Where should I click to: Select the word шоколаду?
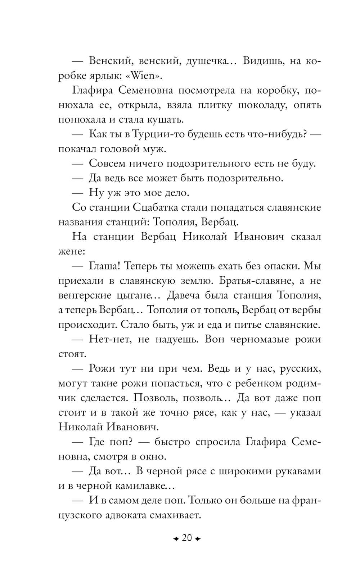coord(266,105)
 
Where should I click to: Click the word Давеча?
coord(184,295)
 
